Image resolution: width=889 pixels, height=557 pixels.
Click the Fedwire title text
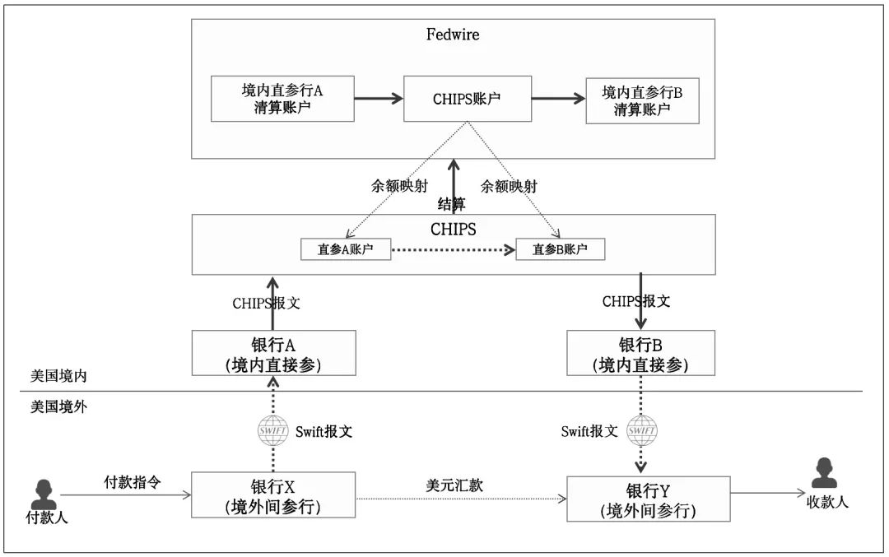(x=453, y=35)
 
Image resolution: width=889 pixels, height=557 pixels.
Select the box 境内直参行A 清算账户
(x=282, y=99)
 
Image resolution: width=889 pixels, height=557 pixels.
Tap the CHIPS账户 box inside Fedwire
(x=467, y=99)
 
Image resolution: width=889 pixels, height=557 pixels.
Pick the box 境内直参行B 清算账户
(x=642, y=100)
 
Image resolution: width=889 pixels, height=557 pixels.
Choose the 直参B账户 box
(x=560, y=248)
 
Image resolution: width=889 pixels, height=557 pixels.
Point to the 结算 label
(x=451, y=204)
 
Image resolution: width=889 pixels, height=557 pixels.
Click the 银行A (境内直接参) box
(x=273, y=353)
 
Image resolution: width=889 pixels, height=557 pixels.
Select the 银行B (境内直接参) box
(x=640, y=353)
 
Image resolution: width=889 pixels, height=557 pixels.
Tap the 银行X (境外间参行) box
(x=273, y=494)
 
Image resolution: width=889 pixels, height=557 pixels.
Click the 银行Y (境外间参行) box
(x=648, y=499)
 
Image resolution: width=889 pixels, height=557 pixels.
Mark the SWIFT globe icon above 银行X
(x=273, y=430)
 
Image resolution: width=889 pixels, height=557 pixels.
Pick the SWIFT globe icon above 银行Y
(x=642, y=430)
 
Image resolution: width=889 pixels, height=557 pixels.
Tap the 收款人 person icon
(x=823, y=474)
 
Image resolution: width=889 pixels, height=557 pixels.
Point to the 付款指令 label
(x=132, y=481)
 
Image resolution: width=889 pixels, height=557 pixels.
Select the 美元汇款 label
(x=454, y=485)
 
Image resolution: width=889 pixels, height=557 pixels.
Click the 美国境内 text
(x=58, y=376)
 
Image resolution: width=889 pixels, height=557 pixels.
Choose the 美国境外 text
(x=58, y=406)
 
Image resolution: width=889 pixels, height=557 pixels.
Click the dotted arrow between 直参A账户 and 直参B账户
(x=453, y=248)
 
